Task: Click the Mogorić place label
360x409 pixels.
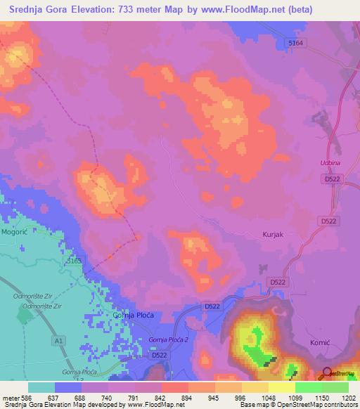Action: tap(14, 230)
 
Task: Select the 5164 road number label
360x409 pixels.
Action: tap(297, 44)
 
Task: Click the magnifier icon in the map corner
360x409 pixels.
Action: tap(327, 373)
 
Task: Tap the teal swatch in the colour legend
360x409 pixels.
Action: tap(41, 387)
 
